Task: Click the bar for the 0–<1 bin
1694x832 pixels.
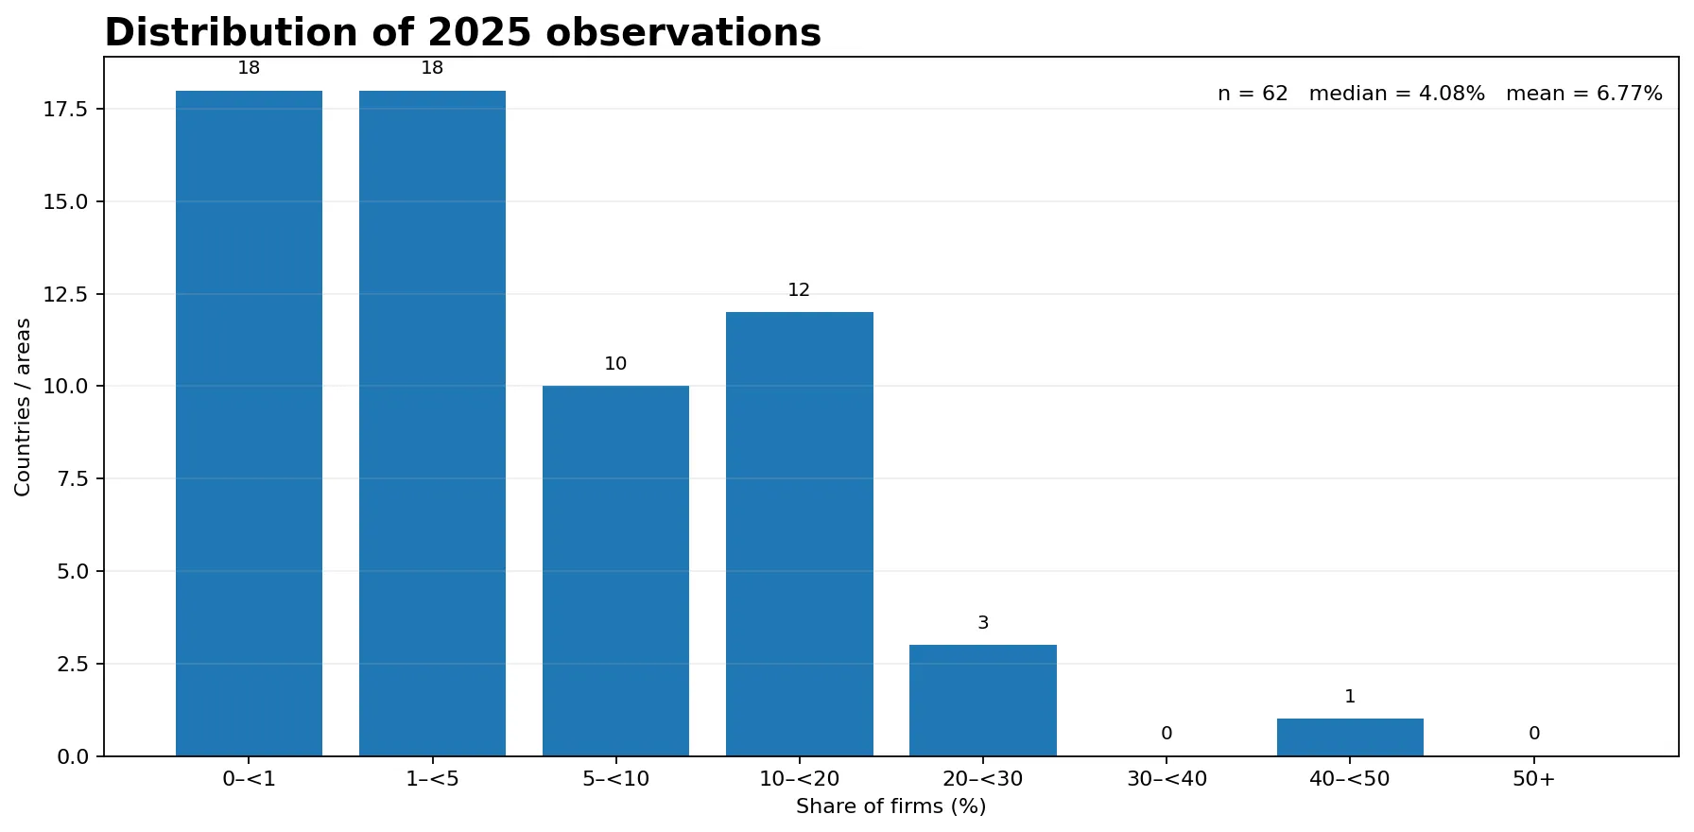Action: coord(249,424)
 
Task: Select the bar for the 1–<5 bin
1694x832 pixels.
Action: coord(432,424)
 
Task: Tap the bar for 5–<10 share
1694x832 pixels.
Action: coord(615,571)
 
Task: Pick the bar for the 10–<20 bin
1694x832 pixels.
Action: coord(800,534)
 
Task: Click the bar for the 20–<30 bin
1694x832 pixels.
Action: coord(983,701)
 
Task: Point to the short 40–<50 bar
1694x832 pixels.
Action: coord(1350,737)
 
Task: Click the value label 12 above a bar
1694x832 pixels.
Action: coord(799,290)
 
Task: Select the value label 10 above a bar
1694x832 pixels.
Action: coord(615,364)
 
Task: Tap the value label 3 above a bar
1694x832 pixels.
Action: coord(983,623)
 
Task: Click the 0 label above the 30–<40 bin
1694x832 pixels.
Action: coord(1167,734)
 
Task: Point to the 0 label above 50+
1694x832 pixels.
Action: coord(1534,734)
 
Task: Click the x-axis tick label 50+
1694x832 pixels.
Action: coord(1533,779)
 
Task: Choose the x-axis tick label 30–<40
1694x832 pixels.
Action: coord(1167,779)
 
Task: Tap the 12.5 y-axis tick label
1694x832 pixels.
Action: coord(65,295)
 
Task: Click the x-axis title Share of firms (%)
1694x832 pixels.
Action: coord(890,806)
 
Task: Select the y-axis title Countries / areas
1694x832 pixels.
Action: coord(24,407)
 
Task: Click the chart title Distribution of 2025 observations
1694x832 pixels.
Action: coord(462,33)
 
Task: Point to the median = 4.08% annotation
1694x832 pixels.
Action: coord(1396,94)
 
